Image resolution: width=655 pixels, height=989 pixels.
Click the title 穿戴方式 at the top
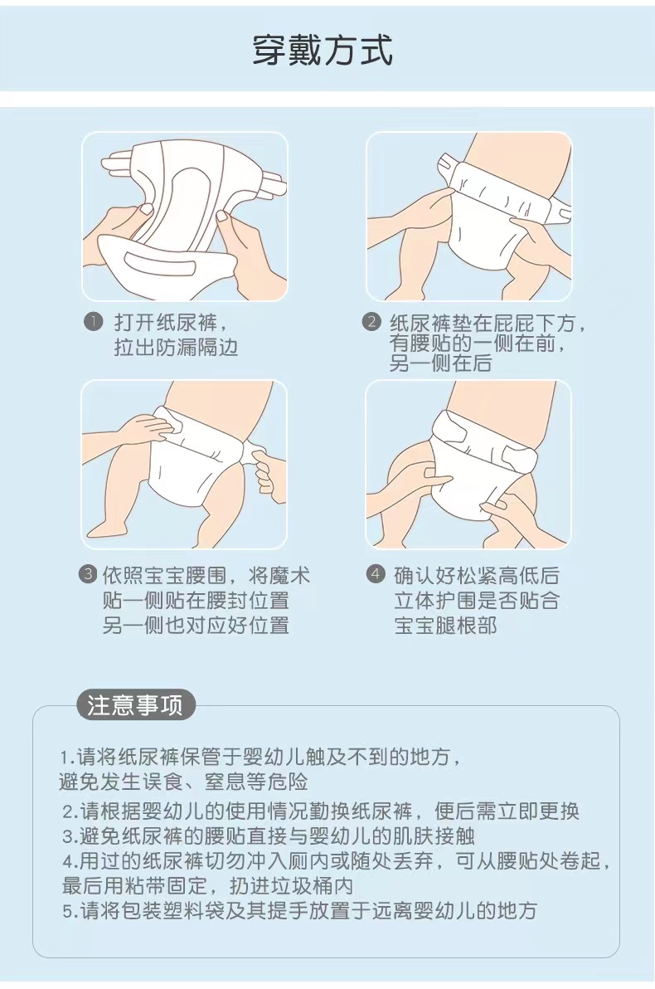click(x=323, y=50)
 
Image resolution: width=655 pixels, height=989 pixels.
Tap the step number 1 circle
click(x=93, y=322)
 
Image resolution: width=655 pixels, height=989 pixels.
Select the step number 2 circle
click(x=372, y=322)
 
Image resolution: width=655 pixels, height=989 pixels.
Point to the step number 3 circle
click(x=88, y=574)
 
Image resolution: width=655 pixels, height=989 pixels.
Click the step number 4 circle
click(x=376, y=574)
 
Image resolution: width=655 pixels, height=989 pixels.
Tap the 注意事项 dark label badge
click(x=135, y=705)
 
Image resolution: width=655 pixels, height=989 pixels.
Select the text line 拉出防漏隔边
click(x=176, y=348)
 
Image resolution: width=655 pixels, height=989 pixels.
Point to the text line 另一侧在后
click(x=440, y=363)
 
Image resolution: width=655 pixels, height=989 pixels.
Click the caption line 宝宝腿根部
click(x=446, y=626)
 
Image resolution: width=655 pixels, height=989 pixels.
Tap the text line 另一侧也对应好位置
click(x=196, y=626)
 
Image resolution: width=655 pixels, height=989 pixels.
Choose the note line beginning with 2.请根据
click(x=321, y=811)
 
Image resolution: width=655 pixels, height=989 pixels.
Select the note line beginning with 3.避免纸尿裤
click(x=269, y=836)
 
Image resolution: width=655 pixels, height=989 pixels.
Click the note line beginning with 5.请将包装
click(x=299, y=911)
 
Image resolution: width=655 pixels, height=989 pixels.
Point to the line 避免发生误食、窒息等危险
click(x=183, y=782)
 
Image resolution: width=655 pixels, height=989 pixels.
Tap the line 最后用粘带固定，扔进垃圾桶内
click(x=207, y=885)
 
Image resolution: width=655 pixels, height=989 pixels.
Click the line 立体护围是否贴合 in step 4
click(x=477, y=601)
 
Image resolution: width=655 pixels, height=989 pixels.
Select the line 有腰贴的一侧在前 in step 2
click(x=473, y=343)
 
